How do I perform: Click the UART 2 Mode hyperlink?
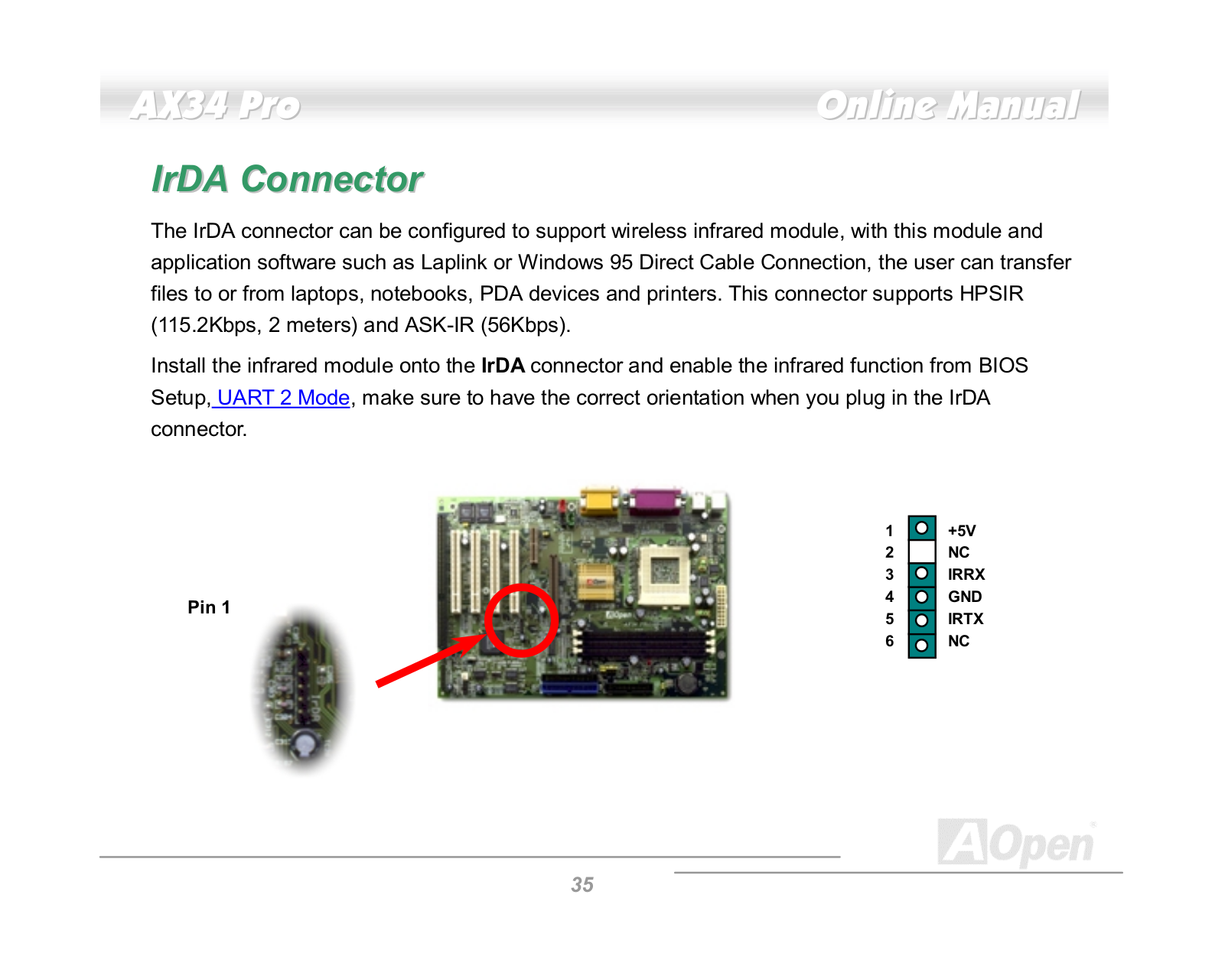click(283, 397)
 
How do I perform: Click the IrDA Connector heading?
click(287, 179)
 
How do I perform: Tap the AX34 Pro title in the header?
click(215, 106)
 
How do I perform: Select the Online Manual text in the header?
click(948, 106)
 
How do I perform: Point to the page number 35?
click(582, 884)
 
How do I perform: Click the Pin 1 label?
click(209, 607)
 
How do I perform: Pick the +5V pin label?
click(962, 530)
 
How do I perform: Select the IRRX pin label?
click(966, 574)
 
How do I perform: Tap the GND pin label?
click(965, 597)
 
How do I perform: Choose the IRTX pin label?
click(966, 619)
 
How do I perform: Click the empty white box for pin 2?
click(921, 551)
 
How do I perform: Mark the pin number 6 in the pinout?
click(889, 642)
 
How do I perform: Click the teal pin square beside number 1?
click(921, 528)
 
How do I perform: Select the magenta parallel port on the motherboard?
click(655, 501)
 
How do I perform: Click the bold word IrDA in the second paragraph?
click(503, 366)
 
